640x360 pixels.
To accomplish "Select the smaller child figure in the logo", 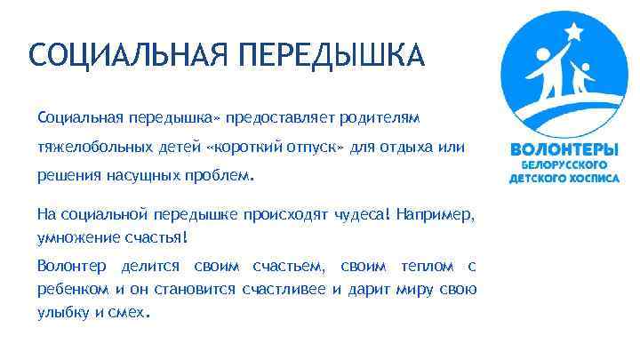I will point(583,78).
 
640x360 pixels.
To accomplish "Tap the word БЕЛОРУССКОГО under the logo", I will point(564,164).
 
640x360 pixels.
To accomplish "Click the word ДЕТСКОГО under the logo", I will point(536,178).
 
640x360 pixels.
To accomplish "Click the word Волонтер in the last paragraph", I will point(71,266).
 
